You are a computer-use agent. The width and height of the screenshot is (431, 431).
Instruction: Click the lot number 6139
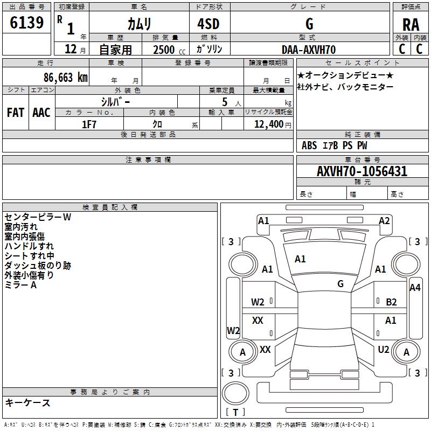[x=26, y=23]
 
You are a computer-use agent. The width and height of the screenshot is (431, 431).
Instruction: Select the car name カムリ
[x=139, y=24]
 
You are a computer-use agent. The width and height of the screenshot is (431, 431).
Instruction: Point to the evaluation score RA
[x=411, y=24]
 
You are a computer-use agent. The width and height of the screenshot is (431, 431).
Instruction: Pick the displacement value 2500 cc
[x=167, y=50]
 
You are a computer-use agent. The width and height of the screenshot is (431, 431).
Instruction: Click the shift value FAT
[x=16, y=112]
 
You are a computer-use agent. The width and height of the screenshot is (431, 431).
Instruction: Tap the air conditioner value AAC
[x=41, y=112]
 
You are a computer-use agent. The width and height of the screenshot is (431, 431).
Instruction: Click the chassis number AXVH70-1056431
[x=362, y=171]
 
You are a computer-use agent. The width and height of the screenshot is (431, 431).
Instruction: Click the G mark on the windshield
[x=340, y=283]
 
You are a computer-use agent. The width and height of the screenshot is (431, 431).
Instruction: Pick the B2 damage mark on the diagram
[x=391, y=302]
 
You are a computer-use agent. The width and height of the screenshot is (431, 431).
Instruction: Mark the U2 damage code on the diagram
[x=383, y=350]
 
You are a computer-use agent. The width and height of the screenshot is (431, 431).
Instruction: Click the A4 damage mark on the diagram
[x=415, y=288]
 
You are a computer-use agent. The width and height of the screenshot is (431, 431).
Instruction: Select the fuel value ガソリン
[x=210, y=50]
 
